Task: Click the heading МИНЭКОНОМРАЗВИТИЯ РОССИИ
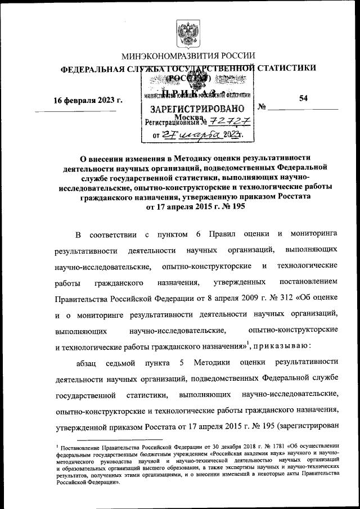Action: (188, 56)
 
